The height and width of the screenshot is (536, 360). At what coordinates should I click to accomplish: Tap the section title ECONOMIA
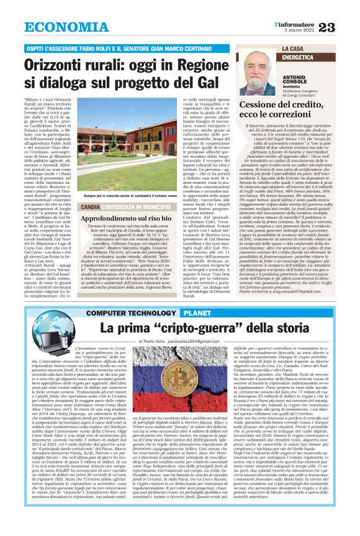point(62,27)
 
